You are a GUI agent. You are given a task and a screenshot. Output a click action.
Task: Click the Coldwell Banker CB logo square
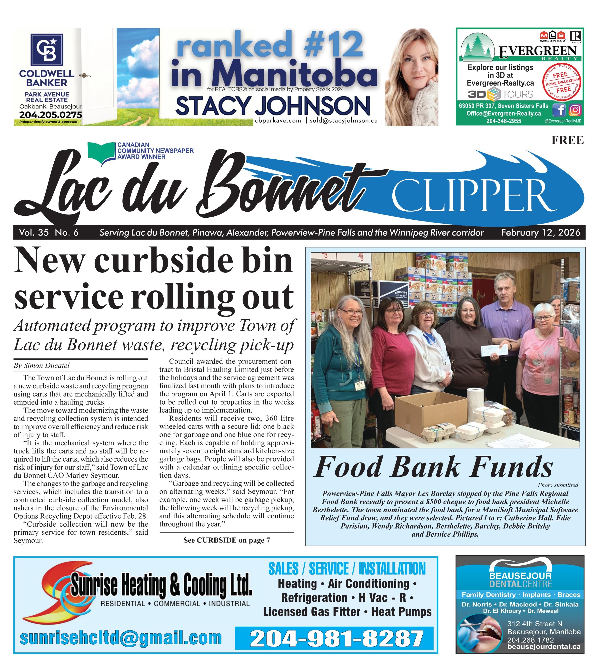[47, 49]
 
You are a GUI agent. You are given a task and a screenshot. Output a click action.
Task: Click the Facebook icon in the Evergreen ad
[559, 110]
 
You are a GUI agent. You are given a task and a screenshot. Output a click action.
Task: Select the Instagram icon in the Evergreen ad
[575, 110]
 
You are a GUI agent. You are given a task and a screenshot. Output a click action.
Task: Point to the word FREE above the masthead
[567, 140]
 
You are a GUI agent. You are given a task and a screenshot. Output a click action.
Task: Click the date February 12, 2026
[541, 232]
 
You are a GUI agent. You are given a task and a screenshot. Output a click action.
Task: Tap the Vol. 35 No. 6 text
[49, 232]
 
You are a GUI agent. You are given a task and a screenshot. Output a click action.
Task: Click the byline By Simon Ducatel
[41, 366]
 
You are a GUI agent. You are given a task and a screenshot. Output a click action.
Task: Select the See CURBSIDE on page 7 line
[227, 541]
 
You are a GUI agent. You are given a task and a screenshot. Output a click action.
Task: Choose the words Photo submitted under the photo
[558, 485]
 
